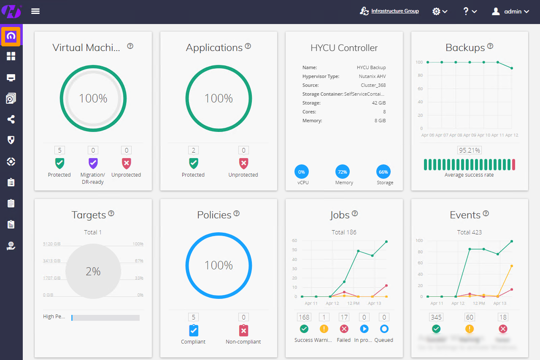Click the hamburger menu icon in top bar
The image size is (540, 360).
[35, 11]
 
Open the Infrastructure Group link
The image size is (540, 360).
[395, 11]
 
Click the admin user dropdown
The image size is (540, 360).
[510, 11]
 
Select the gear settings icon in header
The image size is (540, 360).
[439, 11]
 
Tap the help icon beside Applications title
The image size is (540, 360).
[248, 46]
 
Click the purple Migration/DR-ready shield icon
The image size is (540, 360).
[93, 163]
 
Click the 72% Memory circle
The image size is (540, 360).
[343, 172]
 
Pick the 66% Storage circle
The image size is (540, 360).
[383, 172]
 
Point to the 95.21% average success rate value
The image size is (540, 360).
[469, 150]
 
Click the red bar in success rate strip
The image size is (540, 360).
[513, 165]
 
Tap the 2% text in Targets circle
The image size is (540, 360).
[93, 271]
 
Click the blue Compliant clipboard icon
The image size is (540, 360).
[193, 330]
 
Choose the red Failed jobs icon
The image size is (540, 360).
[344, 329]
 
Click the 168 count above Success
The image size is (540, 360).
[304, 317]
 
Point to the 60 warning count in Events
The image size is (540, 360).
[469, 317]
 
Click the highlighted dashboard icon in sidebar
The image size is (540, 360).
[11, 37]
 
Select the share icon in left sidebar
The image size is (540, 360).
[11, 120]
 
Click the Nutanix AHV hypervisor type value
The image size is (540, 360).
[371, 76]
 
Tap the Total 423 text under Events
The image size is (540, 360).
[469, 232]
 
